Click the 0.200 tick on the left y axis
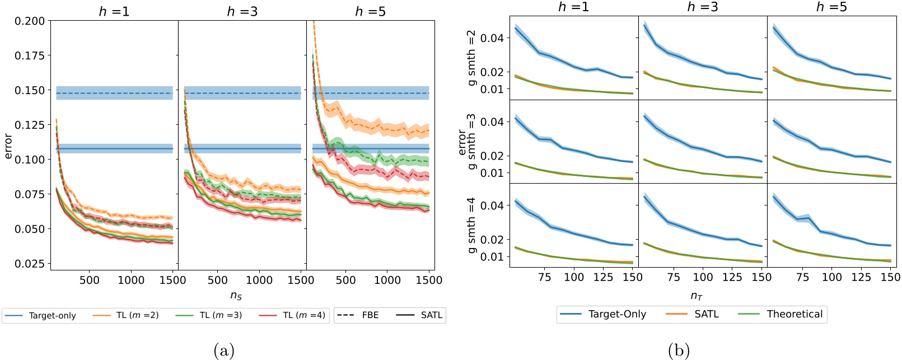[x=30, y=21]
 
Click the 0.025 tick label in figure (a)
[x=30, y=264]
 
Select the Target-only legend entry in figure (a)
[x=40, y=316]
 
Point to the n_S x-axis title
[x=236, y=295]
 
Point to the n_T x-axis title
[x=696, y=295]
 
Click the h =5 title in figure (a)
[x=370, y=11]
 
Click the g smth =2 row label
[x=471, y=58]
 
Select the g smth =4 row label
[x=471, y=225]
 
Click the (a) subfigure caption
[x=223, y=350]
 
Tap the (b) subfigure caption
[x=679, y=350]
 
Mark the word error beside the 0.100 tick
[x=8, y=146]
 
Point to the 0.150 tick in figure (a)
[x=30, y=90]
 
